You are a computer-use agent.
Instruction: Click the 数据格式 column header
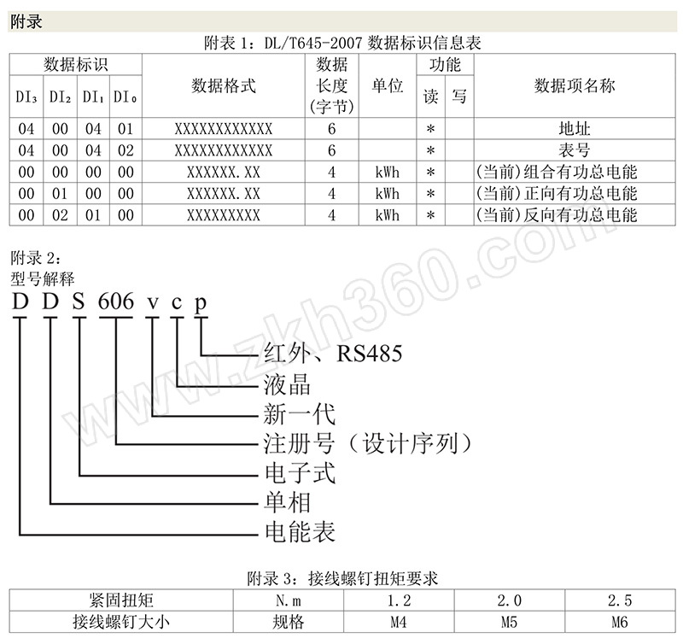[224, 85]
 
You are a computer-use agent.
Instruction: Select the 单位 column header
[388, 85]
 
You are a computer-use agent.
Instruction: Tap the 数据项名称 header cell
[575, 85]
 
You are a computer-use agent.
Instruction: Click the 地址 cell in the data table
[575, 129]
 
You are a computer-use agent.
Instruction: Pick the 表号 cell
[575, 150]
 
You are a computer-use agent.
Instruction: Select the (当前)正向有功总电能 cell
[557, 194]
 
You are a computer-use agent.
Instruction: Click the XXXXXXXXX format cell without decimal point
[224, 215]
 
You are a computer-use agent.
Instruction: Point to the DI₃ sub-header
[26, 97]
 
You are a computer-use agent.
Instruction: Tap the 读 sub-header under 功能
[431, 97]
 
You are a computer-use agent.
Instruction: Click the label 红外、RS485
[333, 354]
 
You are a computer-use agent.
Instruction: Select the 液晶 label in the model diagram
[287, 384]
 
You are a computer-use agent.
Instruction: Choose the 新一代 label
[300, 414]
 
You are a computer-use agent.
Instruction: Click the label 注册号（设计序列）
[368, 443]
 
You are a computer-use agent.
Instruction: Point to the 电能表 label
[301, 532]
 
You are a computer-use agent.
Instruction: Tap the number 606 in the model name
[116, 302]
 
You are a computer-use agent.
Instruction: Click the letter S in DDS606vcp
[79, 302]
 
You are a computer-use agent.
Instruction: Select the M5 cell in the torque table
[509, 622]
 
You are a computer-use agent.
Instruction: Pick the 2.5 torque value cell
[620, 600]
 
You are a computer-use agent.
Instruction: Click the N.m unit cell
[289, 600]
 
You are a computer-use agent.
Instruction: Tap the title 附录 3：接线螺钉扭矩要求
[342, 578]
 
